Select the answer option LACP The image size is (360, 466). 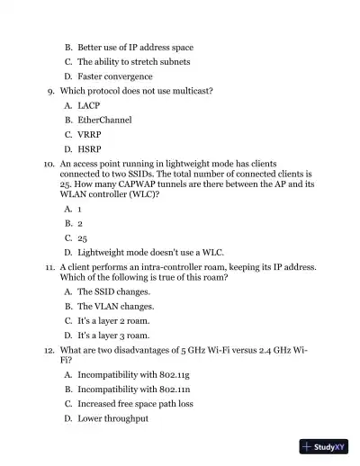[x=88, y=105]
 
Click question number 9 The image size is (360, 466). [x=50, y=91]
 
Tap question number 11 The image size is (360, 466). [x=49, y=268]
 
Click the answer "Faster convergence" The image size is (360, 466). [x=114, y=76]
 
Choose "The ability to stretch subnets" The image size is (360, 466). [x=132, y=62]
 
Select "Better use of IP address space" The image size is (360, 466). [x=135, y=47]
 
